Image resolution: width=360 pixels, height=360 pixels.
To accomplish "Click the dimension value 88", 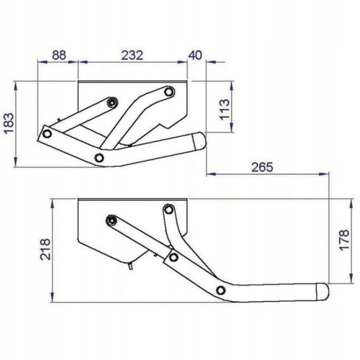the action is click(x=59, y=55).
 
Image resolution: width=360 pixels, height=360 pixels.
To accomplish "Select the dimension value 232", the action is click(x=132, y=55).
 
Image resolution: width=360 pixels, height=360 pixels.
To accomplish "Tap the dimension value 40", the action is click(x=195, y=55).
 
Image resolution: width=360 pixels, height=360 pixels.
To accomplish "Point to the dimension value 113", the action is click(x=225, y=109).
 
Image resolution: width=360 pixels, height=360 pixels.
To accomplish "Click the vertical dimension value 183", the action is click(x=10, y=123).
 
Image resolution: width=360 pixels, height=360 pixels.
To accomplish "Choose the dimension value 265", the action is click(x=262, y=167).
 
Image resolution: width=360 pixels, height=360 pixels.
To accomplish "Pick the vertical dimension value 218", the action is click(x=45, y=249).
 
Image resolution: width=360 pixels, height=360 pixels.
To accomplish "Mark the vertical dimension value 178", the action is click(x=344, y=240).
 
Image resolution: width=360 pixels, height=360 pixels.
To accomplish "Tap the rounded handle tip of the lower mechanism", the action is click(x=323, y=291).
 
